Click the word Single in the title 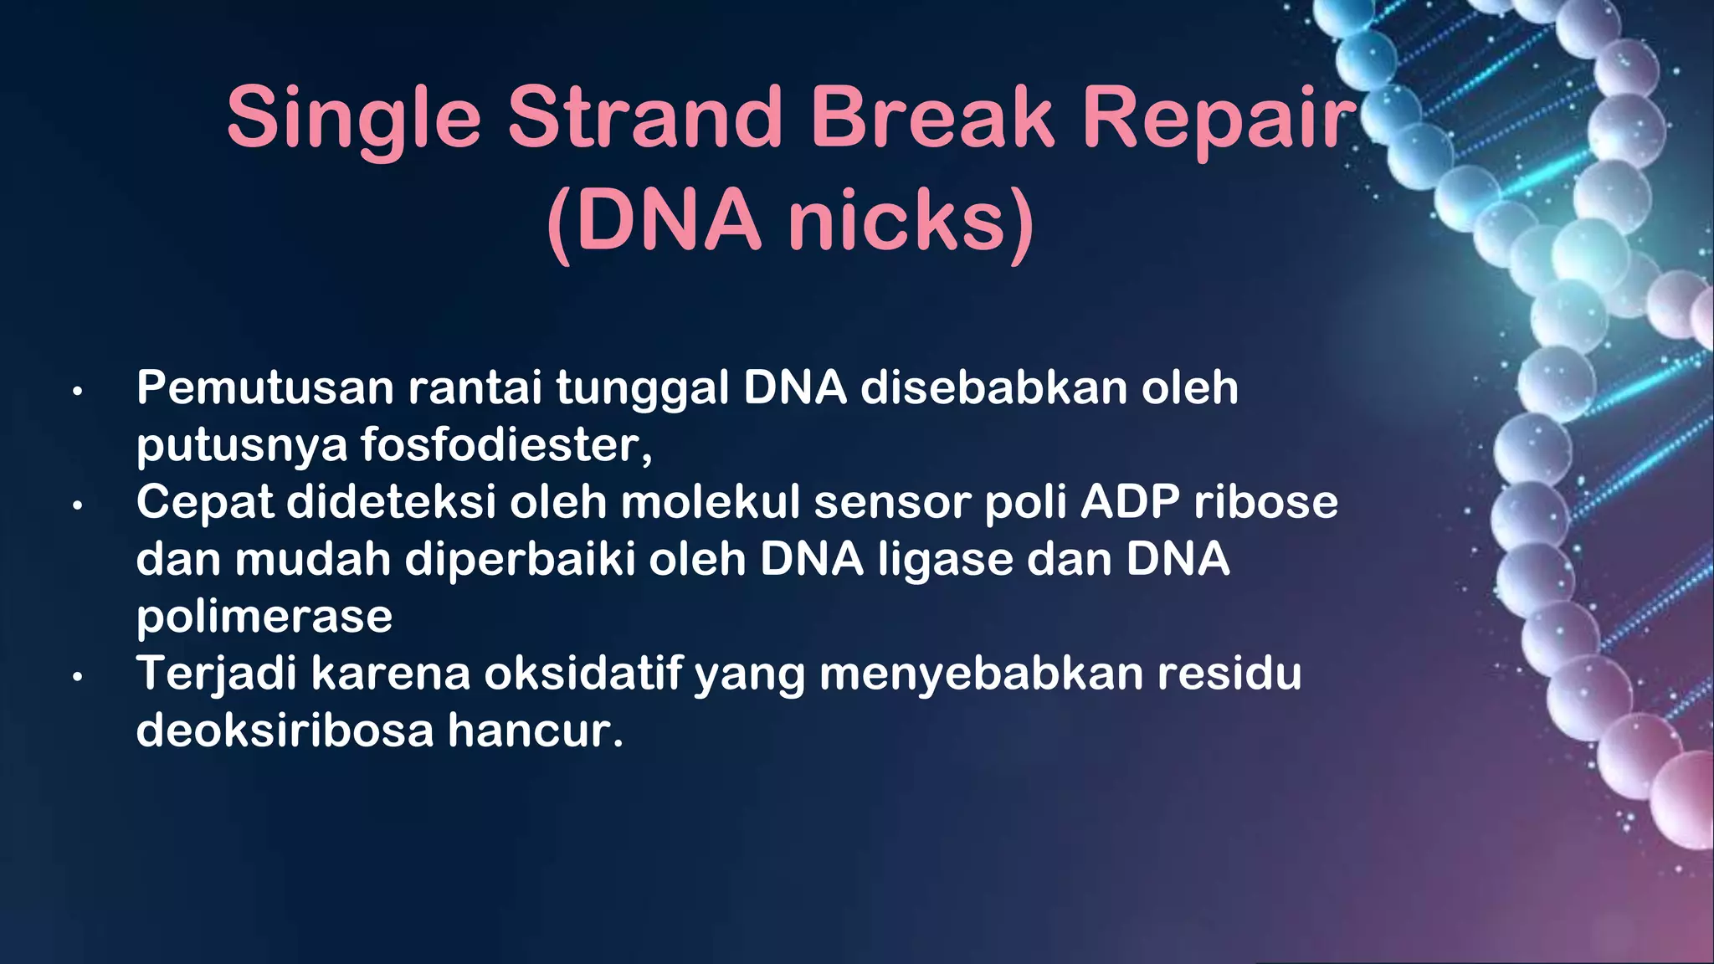point(353,119)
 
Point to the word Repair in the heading point(1219,119)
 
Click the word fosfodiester point(505,444)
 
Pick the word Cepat point(205,503)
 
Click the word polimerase point(264,618)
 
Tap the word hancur point(535,731)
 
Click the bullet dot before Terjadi point(77,676)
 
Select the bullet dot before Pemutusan point(77,391)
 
